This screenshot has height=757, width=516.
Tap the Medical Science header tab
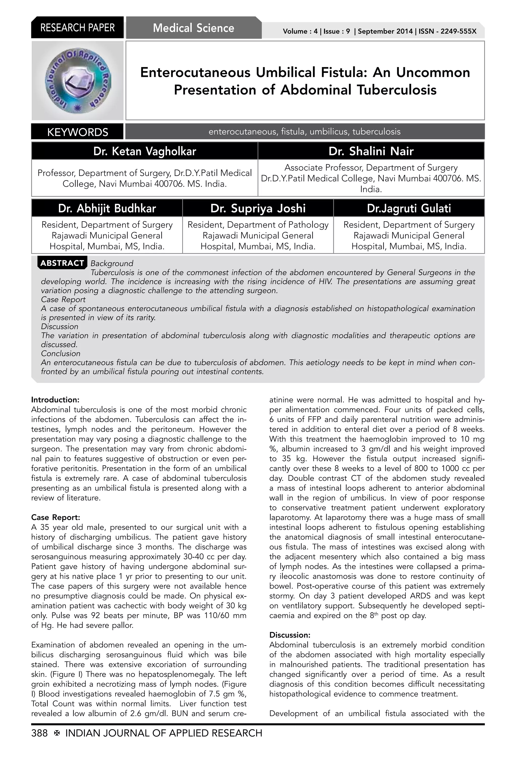(x=193, y=28)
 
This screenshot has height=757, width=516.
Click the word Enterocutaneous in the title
(x=196, y=72)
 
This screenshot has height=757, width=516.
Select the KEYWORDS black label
(x=78, y=132)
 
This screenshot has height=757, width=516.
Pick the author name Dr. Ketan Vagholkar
(x=145, y=151)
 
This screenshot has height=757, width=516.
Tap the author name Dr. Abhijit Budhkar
(x=107, y=208)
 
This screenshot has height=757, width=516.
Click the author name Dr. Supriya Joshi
(x=258, y=208)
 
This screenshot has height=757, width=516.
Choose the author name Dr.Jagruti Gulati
(x=409, y=208)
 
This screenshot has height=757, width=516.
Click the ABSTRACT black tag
(x=62, y=263)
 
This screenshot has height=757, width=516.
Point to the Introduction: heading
(x=55, y=400)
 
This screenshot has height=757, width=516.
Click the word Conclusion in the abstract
(x=60, y=353)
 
